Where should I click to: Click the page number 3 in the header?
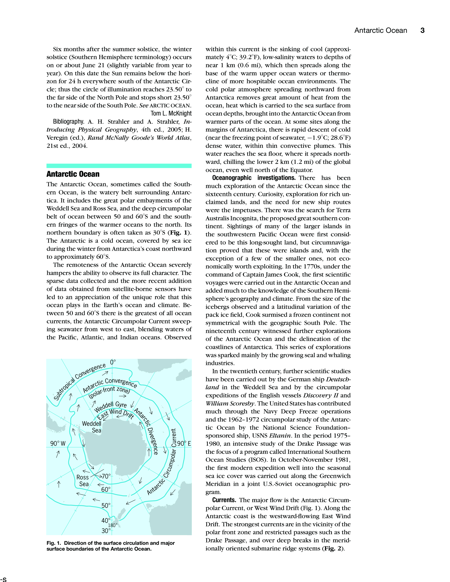coord(422,30)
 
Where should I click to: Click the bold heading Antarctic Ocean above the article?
coord(73,174)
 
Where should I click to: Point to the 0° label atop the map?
coord(113,362)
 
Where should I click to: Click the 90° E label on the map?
coord(184,443)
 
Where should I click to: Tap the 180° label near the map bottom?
coord(113,525)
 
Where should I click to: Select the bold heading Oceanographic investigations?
coord(254,178)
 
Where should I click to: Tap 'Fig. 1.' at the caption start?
coord(54,543)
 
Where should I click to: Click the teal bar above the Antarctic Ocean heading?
coord(119,166)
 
